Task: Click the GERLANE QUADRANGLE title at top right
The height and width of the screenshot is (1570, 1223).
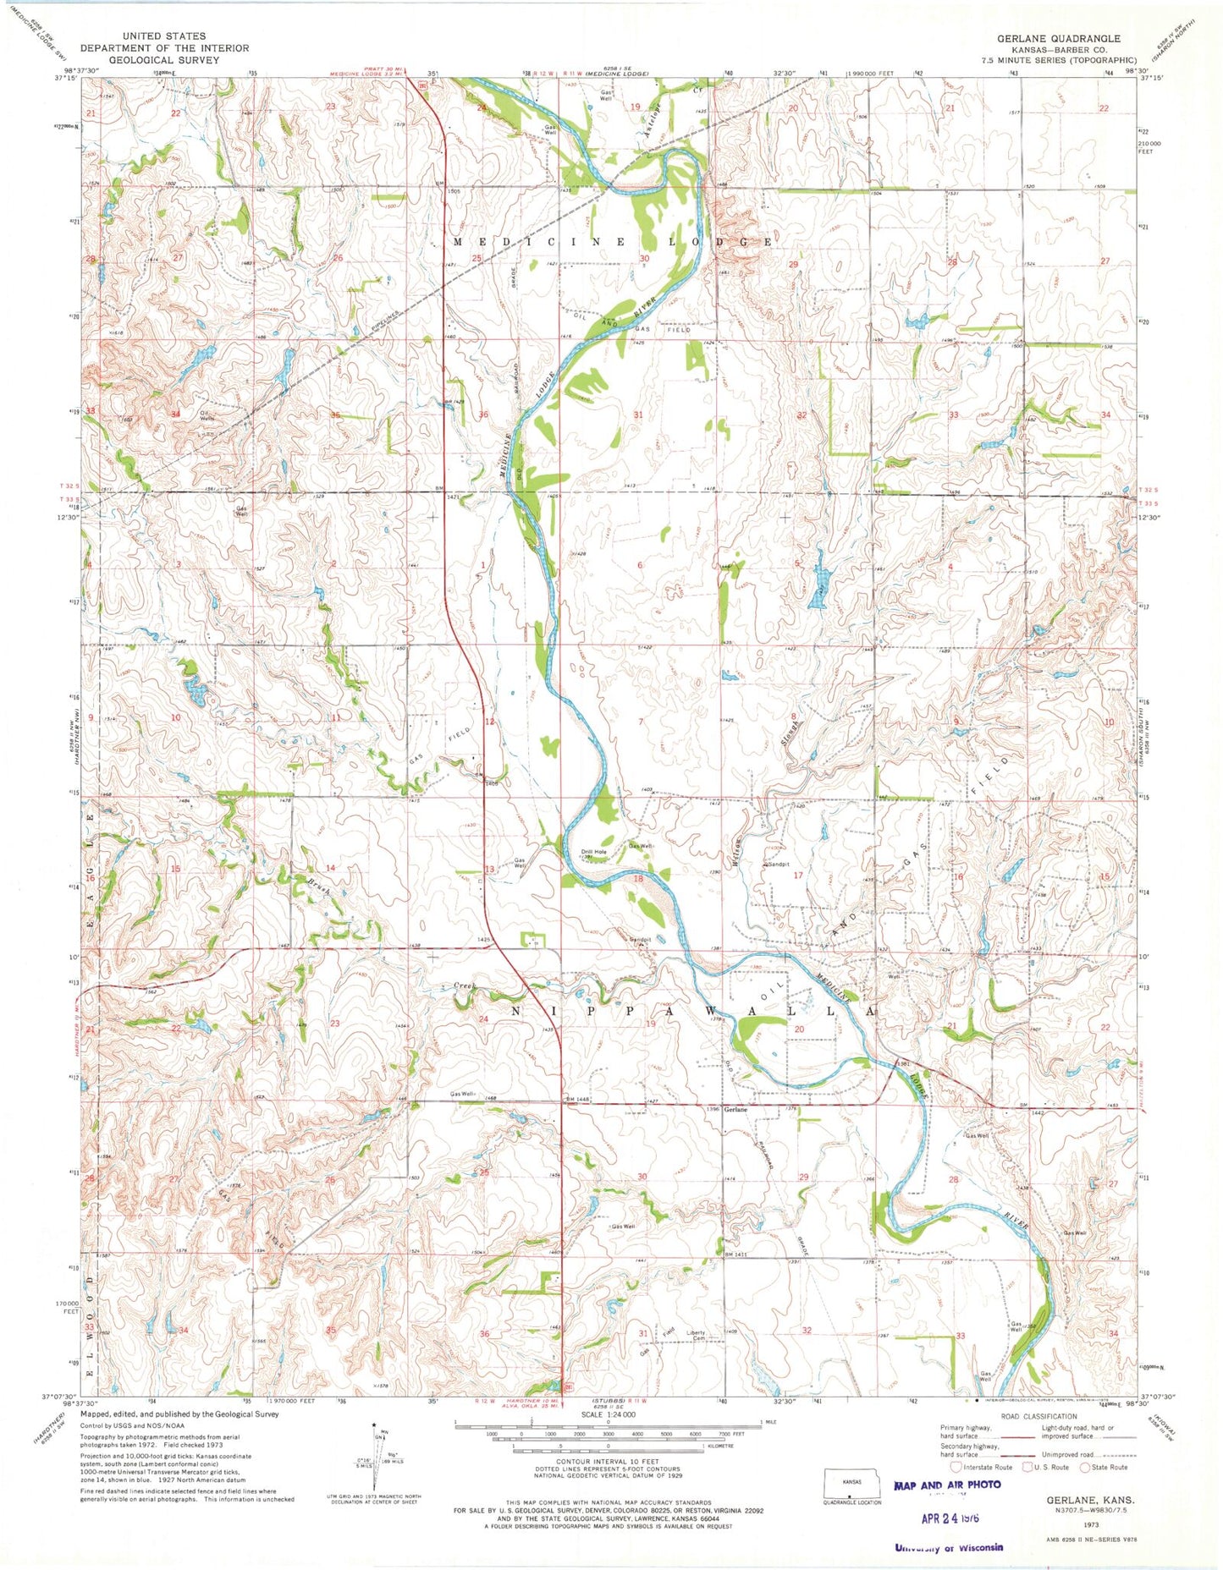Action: tap(1058, 38)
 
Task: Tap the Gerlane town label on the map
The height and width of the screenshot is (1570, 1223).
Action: tap(735, 1111)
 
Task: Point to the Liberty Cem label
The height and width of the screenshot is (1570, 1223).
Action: tap(696, 1337)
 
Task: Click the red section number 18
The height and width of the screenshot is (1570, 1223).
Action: tap(638, 880)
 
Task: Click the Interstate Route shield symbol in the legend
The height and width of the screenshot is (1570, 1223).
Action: tap(956, 1468)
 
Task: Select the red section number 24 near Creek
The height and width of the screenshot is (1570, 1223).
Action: tap(484, 1019)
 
